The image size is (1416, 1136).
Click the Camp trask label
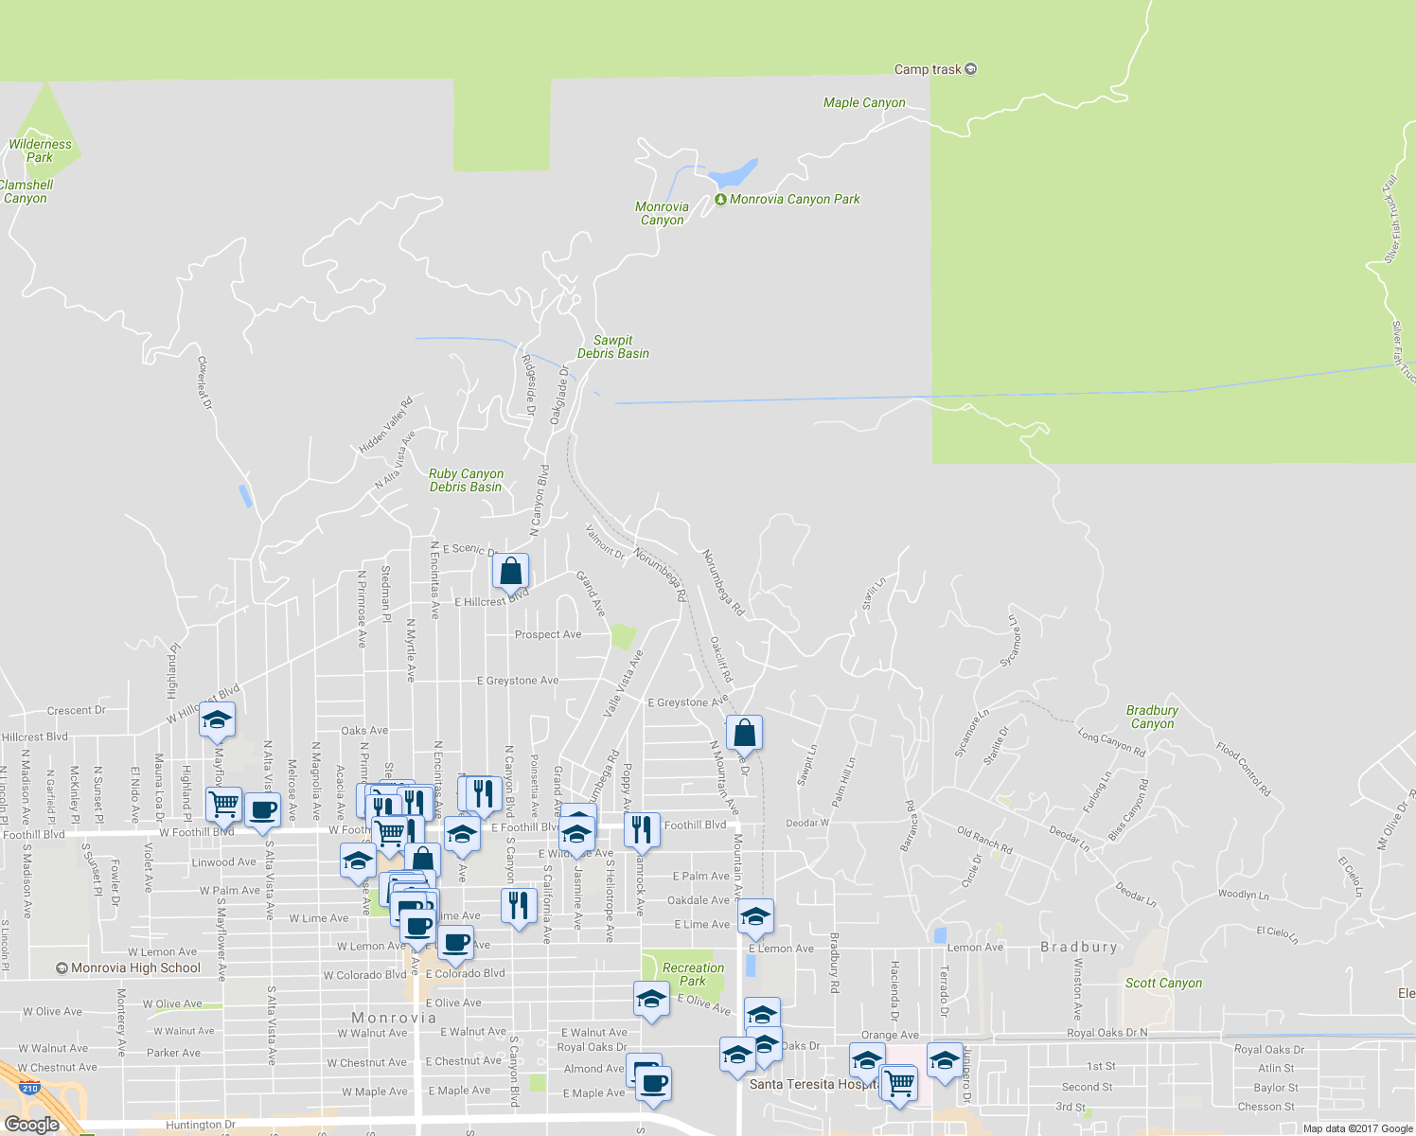click(928, 69)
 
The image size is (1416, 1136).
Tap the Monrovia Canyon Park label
click(794, 199)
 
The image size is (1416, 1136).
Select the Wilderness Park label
click(40, 151)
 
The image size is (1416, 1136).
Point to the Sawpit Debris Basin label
click(613, 346)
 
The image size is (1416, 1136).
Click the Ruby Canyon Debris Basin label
click(466, 480)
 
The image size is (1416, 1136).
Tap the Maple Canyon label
click(864, 102)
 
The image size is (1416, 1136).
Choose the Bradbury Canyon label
click(1152, 717)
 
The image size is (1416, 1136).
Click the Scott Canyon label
click(1163, 983)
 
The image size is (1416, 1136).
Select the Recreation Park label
click(693, 974)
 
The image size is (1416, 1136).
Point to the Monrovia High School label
click(135, 967)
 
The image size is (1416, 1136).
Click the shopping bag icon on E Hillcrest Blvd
click(510, 572)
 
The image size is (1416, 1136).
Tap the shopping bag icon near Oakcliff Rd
click(744, 732)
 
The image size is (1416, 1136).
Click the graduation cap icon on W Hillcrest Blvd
click(217, 720)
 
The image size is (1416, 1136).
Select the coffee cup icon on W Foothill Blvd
click(262, 810)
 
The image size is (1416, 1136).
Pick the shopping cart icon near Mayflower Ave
click(223, 805)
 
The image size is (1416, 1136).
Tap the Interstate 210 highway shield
click(30, 1089)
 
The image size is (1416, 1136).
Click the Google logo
click(31, 1124)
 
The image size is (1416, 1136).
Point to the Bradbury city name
click(1079, 947)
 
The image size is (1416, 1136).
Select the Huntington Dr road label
click(201, 1125)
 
